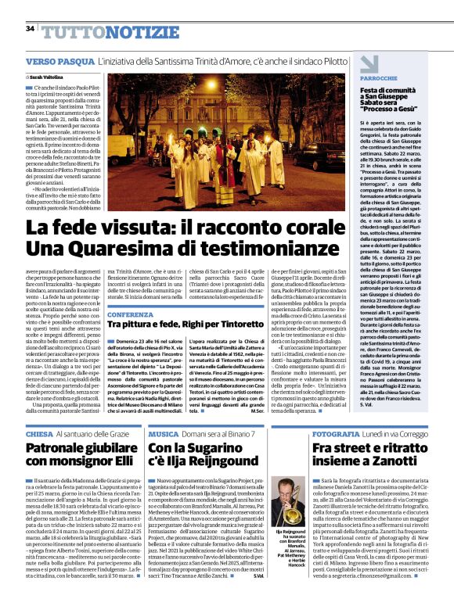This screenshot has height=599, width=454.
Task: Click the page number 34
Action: [31, 28]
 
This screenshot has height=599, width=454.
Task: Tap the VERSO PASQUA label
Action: [59, 61]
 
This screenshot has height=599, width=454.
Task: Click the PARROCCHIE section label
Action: [380, 80]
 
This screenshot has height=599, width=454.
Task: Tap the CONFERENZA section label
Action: [130, 314]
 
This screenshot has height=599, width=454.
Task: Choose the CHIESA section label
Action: [39, 433]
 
